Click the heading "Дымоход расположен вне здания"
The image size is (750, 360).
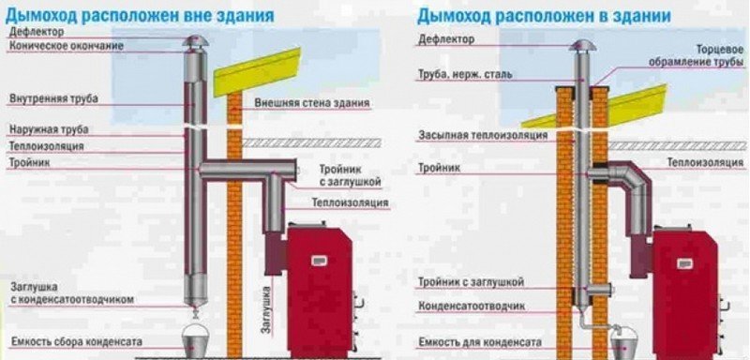click(x=141, y=14)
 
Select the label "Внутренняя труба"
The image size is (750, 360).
click(x=53, y=97)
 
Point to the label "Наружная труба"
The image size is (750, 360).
click(x=48, y=129)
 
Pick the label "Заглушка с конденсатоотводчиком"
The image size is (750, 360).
click(x=71, y=292)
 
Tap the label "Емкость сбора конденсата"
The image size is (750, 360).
click(x=65, y=339)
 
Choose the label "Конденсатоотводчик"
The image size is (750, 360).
click(x=465, y=307)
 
